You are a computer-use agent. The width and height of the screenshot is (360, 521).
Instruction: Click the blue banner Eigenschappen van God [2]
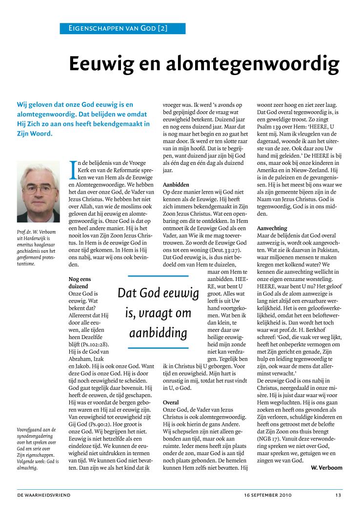pyautogui.click(x=122, y=28)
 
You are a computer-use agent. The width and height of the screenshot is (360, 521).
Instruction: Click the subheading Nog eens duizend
pyautogui.click(x=79, y=282)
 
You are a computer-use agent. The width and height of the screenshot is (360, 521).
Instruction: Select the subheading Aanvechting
pyautogui.click(x=272, y=228)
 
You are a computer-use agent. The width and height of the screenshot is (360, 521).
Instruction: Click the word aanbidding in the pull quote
pyautogui.click(x=159, y=334)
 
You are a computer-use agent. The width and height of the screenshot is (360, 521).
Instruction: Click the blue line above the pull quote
pyautogui.click(x=158, y=277)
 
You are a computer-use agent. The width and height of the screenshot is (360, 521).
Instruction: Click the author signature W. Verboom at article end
pyautogui.click(x=326, y=467)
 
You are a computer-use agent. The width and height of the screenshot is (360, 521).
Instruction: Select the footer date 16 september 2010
pyautogui.click(x=268, y=495)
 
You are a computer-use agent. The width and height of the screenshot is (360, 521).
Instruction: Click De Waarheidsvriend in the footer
pyautogui.click(x=44, y=495)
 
